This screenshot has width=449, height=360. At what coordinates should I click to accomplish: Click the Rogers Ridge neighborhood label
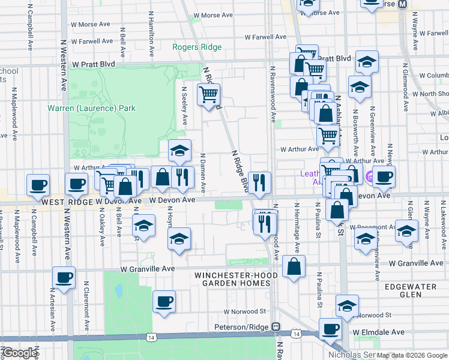(x=197, y=47)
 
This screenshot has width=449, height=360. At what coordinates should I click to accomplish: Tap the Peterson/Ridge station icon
(x=276, y=327)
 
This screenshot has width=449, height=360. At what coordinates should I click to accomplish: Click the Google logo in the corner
(x=20, y=353)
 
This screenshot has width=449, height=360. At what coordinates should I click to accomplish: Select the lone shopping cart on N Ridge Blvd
(x=208, y=94)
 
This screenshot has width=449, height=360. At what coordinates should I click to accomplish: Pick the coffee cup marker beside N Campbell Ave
(x=38, y=185)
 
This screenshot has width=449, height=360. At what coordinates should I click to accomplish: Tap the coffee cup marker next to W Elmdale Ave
(x=330, y=329)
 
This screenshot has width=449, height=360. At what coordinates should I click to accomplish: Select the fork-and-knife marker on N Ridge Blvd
(x=259, y=182)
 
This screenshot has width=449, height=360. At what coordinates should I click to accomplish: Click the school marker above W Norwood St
(x=347, y=306)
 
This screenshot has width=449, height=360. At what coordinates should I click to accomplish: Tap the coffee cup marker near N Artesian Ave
(x=64, y=278)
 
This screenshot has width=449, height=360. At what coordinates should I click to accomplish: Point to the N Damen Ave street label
(x=203, y=173)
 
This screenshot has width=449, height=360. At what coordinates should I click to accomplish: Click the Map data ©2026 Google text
(x=412, y=355)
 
